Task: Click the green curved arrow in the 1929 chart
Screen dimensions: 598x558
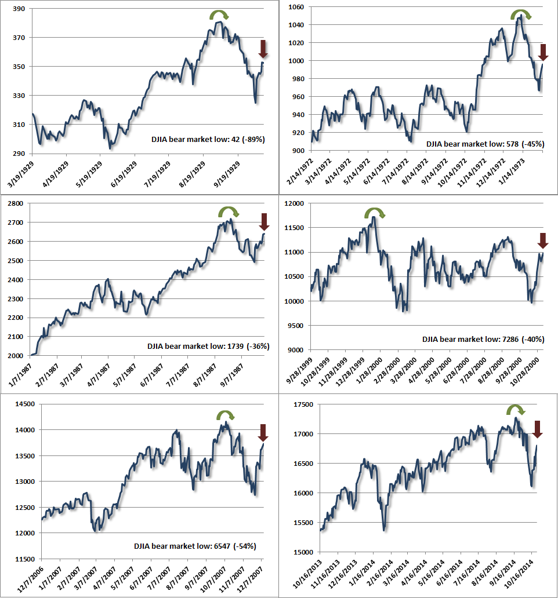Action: [x=219, y=14]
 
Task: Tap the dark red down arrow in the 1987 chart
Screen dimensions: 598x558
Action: [x=264, y=222]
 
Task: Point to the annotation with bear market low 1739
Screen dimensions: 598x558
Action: [x=208, y=347]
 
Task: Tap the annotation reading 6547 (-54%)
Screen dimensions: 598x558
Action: [x=195, y=546]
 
